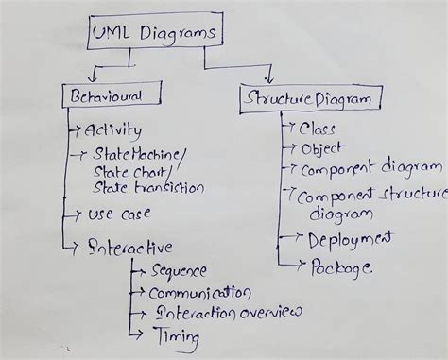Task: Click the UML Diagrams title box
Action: click(x=155, y=34)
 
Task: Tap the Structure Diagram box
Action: click(x=312, y=96)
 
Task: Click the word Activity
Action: click(x=112, y=130)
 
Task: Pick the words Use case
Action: click(x=119, y=215)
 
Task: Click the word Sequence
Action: click(x=180, y=271)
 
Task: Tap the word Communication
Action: click(x=201, y=293)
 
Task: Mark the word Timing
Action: click(x=177, y=335)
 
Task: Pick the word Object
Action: click(x=320, y=148)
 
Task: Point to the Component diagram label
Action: click(x=365, y=170)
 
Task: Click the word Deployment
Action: click(x=349, y=240)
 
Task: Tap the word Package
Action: click(x=340, y=268)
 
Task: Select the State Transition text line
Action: click(x=148, y=187)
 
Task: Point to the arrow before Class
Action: click(x=289, y=127)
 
